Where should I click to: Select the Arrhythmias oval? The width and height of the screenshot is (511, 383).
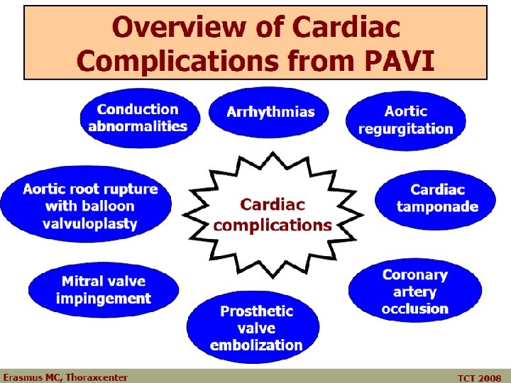coord(270,113)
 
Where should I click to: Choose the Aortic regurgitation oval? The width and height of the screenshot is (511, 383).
coord(405,120)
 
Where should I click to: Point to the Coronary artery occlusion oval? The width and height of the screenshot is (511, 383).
coord(415,292)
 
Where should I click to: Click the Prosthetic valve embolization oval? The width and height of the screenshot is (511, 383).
coord(256,328)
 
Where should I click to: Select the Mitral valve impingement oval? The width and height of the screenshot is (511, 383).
coord(103,290)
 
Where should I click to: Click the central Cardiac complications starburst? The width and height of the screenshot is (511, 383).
coord(272,215)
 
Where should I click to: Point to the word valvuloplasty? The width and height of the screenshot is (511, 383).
coord(90,223)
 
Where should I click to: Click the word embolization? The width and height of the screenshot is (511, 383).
coord(256,345)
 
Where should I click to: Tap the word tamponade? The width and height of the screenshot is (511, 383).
coord(437,207)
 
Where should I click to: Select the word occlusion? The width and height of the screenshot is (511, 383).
coord(415,309)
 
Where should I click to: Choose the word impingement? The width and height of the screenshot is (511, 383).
coord(103,299)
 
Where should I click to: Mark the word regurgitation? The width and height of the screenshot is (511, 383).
coord(405,128)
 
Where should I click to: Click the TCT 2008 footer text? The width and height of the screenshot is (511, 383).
coord(479,378)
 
